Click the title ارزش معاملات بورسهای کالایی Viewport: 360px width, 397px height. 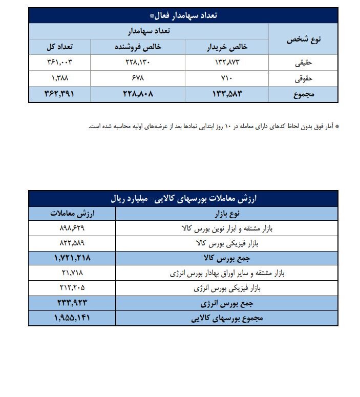tap(183, 198)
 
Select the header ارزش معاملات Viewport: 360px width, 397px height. tap(72, 213)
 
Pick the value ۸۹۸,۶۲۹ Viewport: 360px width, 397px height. tap(72, 228)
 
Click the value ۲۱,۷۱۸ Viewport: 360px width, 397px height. tap(72, 273)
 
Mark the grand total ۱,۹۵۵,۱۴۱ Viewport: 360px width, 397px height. tap(72, 318)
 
